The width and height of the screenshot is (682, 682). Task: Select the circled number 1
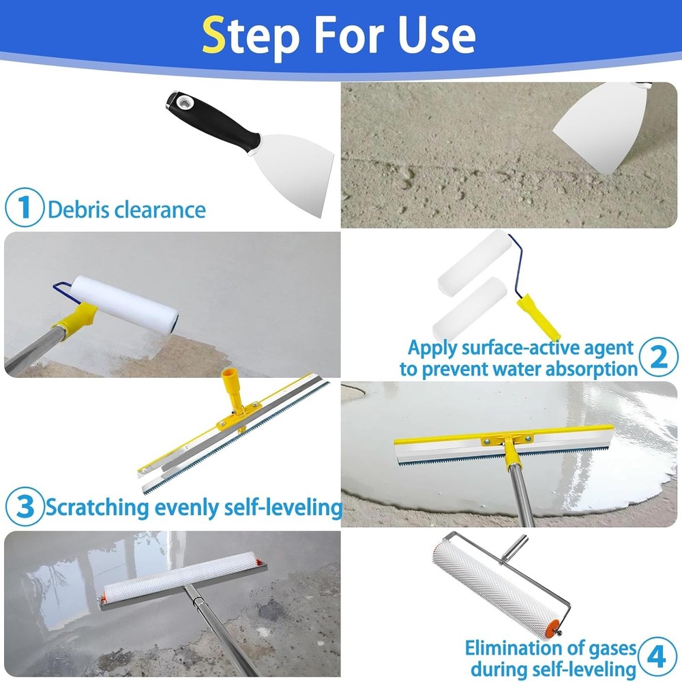click(x=25, y=208)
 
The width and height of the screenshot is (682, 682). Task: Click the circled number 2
click(x=657, y=357)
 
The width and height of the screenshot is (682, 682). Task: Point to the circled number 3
click(x=25, y=507)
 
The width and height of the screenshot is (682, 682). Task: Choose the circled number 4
click(x=656, y=658)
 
